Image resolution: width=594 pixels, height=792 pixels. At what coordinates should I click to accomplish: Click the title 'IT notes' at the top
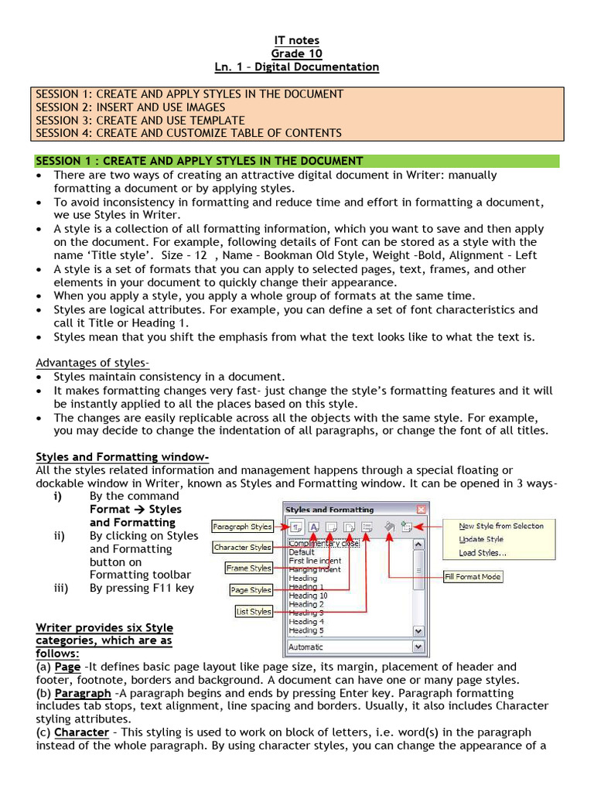tap(297, 40)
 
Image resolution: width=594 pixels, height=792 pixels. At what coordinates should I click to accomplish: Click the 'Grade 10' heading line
tap(297, 53)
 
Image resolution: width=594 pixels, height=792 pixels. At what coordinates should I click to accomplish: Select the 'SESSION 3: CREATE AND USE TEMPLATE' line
tap(140, 120)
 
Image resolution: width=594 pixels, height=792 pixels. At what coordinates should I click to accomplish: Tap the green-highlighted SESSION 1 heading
tap(200, 161)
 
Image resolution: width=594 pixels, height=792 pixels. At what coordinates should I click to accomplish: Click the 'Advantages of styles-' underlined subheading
tap(93, 363)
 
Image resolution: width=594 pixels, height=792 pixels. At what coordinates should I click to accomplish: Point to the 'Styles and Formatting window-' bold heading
tap(122, 457)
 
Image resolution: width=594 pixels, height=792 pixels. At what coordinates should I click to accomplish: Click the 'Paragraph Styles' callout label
tap(242, 527)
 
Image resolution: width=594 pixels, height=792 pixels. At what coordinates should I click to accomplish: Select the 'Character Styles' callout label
tap(242, 548)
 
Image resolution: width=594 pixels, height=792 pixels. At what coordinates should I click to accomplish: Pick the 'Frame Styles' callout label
tap(248, 568)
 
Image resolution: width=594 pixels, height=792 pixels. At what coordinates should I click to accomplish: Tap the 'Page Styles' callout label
tap(251, 590)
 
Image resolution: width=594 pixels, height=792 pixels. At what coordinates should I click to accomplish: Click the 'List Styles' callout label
tap(254, 611)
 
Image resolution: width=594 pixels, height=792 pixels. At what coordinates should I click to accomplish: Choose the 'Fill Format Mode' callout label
tap(473, 576)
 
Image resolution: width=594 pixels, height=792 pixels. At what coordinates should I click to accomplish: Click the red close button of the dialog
tap(421, 510)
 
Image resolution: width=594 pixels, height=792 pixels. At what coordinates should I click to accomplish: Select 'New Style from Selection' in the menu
tap(500, 526)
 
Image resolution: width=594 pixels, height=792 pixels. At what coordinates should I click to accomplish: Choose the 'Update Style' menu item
tap(481, 539)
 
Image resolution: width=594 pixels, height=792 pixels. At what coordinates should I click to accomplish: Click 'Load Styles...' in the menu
tap(483, 552)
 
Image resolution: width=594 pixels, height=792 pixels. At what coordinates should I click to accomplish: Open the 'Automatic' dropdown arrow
tap(418, 647)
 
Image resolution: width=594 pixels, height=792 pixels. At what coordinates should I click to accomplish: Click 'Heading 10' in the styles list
tap(308, 596)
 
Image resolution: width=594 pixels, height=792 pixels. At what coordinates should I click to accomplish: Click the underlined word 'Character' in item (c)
tap(81, 732)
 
